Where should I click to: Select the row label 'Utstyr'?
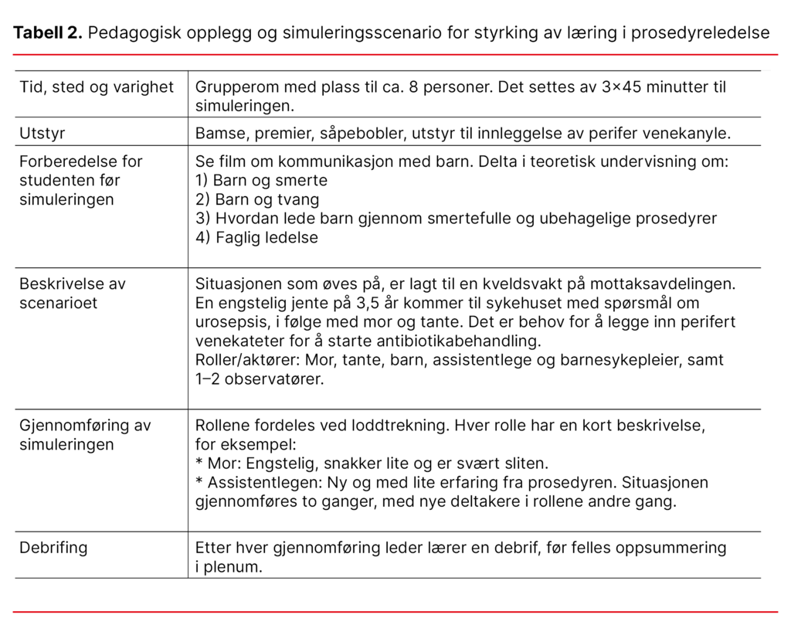tap(42, 133)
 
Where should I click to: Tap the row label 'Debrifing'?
tap(53, 548)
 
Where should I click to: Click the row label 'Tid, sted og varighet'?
tap(97, 87)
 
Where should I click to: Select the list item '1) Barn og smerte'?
tap(261, 181)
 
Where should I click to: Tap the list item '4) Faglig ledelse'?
tap(256, 237)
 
